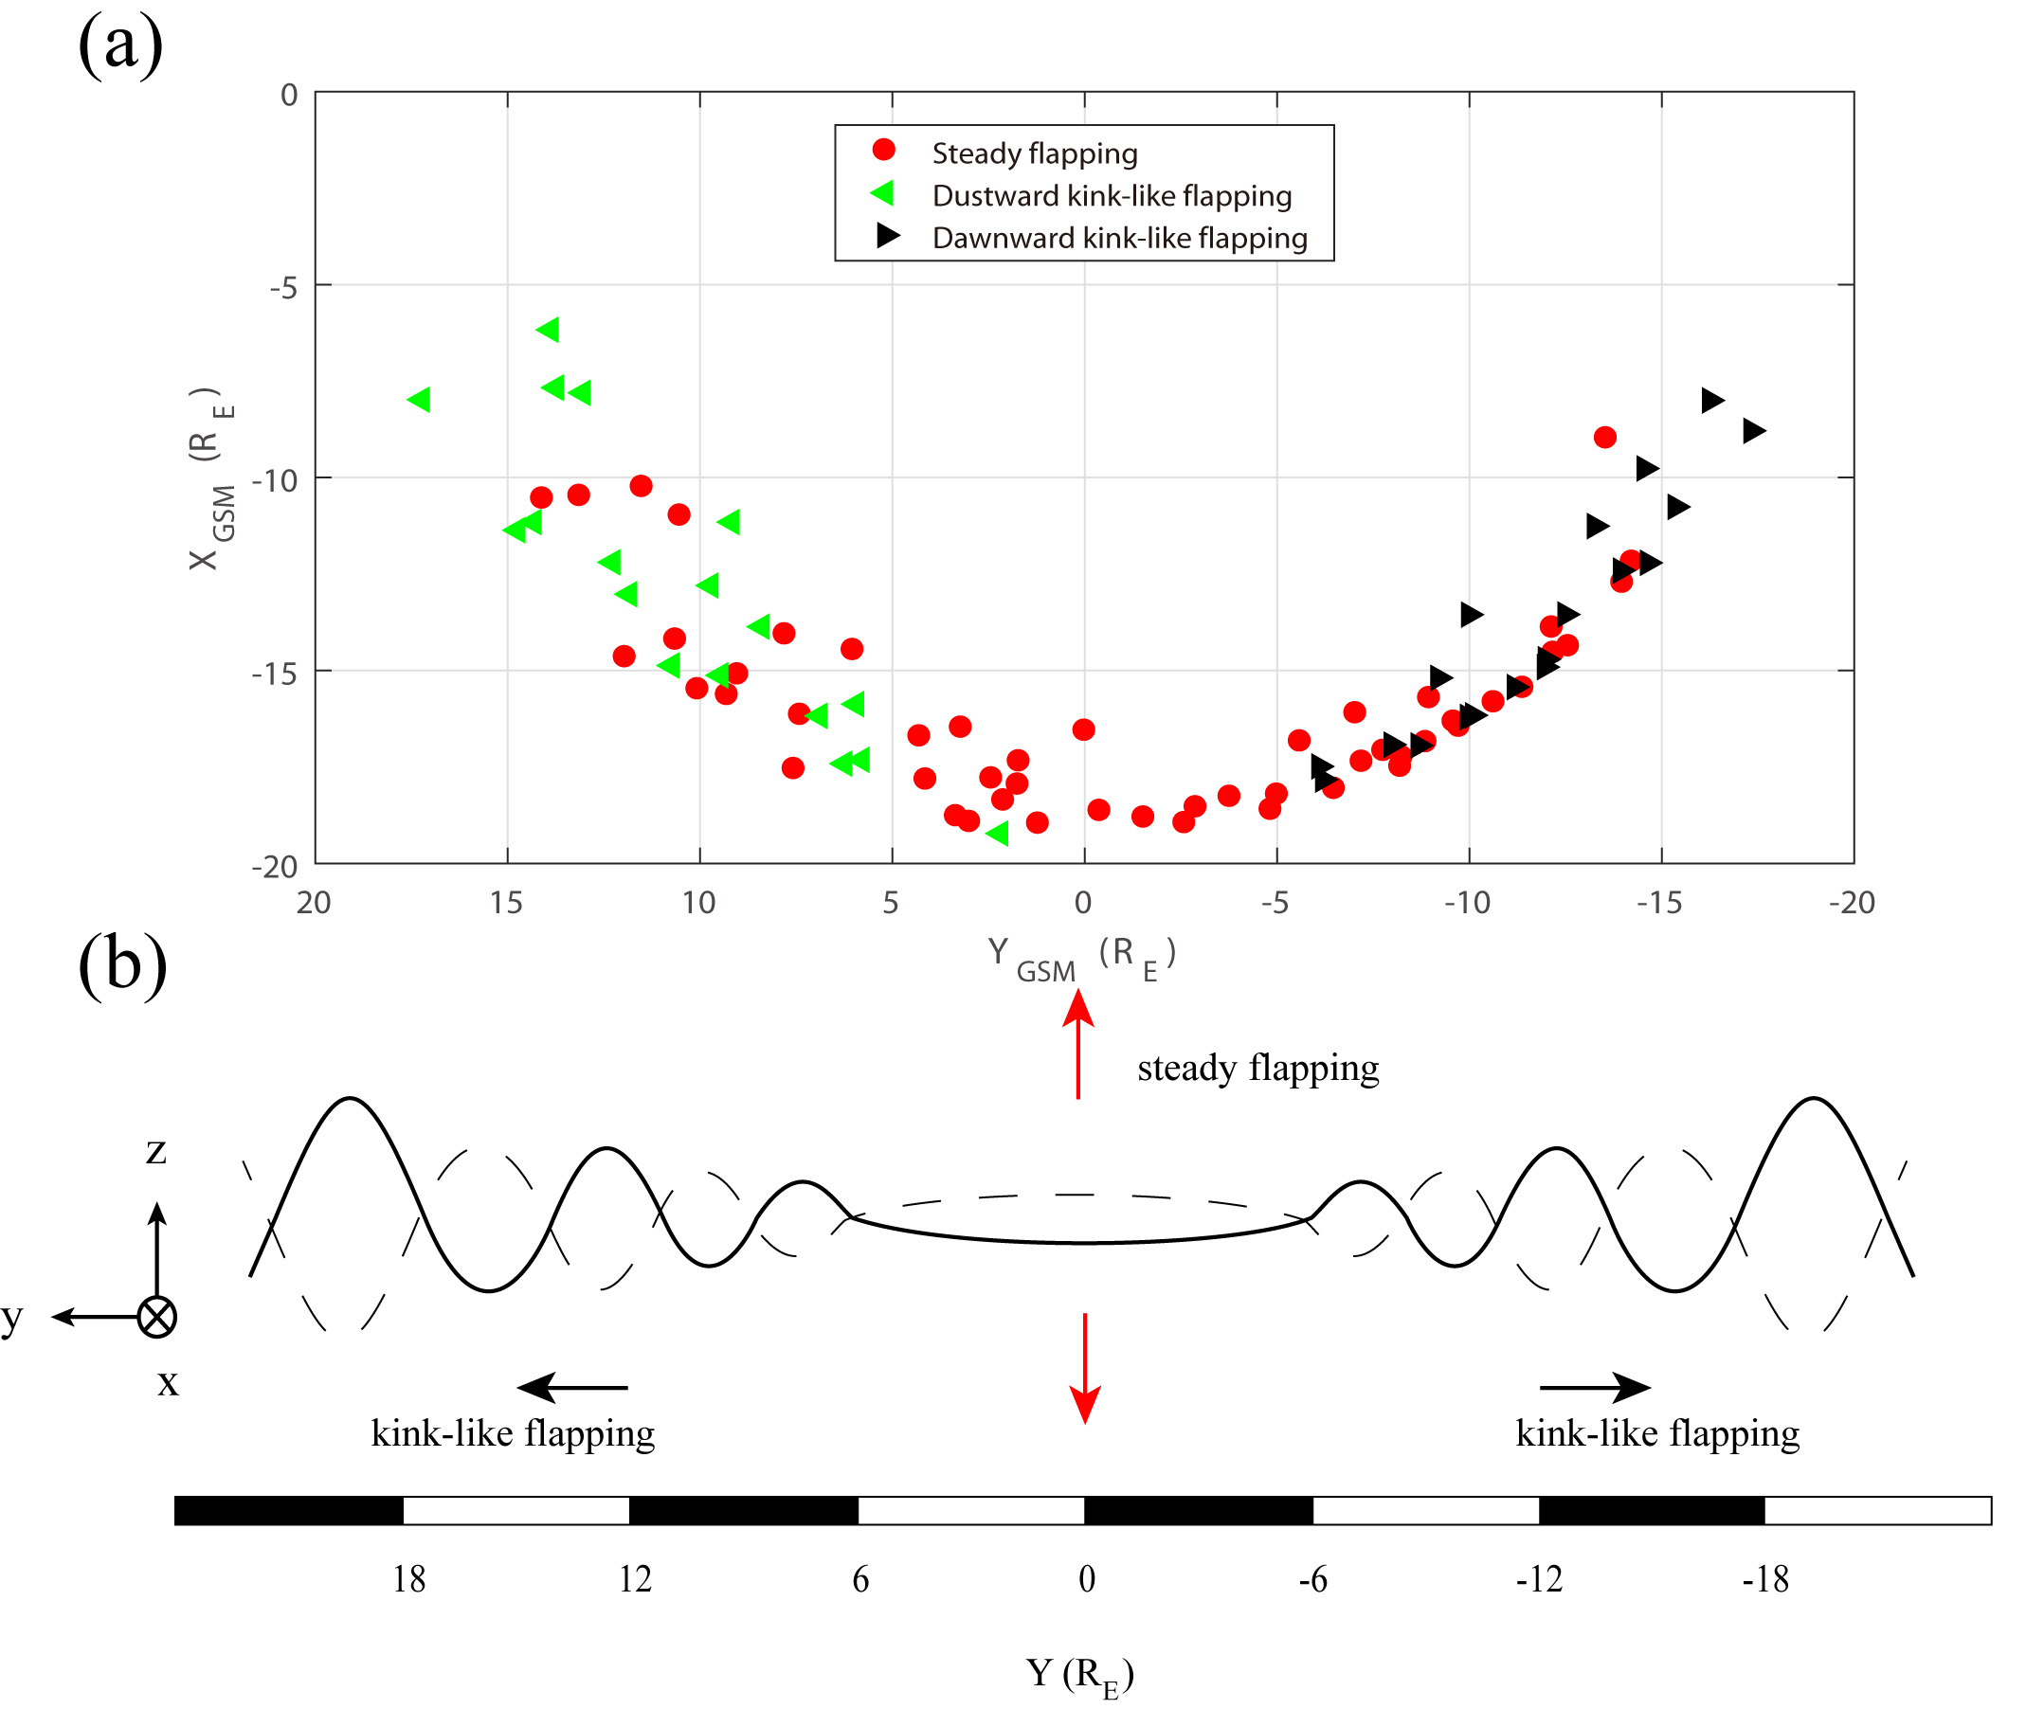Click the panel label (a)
[x=119, y=45]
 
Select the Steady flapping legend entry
[x=1034, y=153]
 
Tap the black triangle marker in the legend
[x=887, y=236]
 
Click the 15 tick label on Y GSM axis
[x=506, y=903]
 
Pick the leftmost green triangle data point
[x=420, y=399]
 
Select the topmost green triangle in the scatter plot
[x=548, y=329]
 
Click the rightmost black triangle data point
[x=1753, y=430]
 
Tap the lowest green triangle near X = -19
[x=998, y=833]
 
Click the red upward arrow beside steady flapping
[x=1078, y=1043]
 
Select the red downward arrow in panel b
[x=1085, y=1367]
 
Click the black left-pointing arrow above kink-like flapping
[x=573, y=1387]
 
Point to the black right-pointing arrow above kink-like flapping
[x=1595, y=1387]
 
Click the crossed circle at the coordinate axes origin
[x=156, y=1317]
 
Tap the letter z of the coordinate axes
[x=155, y=1151]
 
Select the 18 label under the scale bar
[x=408, y=1578]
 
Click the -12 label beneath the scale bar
[x=1539, y=1578]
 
